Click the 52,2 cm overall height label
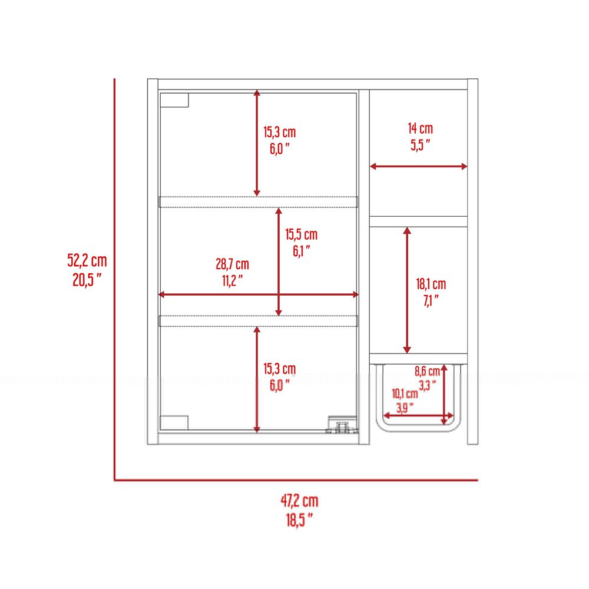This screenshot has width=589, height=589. pyautogui.click(x=87, y=260)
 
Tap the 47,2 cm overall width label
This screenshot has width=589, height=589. pyautogui.click(x=299, y=501)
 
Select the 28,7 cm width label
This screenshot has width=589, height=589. pyautogui.click(x=232, y=264)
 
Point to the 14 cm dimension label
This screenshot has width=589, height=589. pyautogui.click(x=421, y=128)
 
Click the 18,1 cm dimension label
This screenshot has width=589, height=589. pyautogui.click(x=431, y=284)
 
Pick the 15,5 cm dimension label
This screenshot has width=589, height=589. pyautogui.click(x=301, y=234)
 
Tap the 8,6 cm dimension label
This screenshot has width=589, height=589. pyautogui.click(x=427, y=371)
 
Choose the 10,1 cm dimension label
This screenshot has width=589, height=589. pyautogui.click(x=405, y=393)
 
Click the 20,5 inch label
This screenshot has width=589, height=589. pyautogui.click(x=87, y=280)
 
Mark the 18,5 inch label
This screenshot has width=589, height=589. pyautogui.click(x=299, y=520)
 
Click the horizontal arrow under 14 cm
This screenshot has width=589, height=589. pyautogui.click(x=418, y=167)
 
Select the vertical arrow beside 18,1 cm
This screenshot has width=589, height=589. pyautogui.click(x=407, y=290)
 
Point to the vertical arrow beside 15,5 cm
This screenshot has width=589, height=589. pyautogui.click(x=279, y=262)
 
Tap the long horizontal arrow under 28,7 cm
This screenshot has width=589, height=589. pyautogui.click(x=259, y=294)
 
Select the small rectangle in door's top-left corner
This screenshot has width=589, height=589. pyautogui.click(x=174, y=100)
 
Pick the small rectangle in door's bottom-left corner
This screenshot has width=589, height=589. pyautogui.click(x=174, y=422)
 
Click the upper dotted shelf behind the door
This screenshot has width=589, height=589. pyautogui.click(x=259, y=201)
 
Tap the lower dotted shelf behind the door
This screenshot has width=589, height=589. pyautogui.click(x=259, y=321)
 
